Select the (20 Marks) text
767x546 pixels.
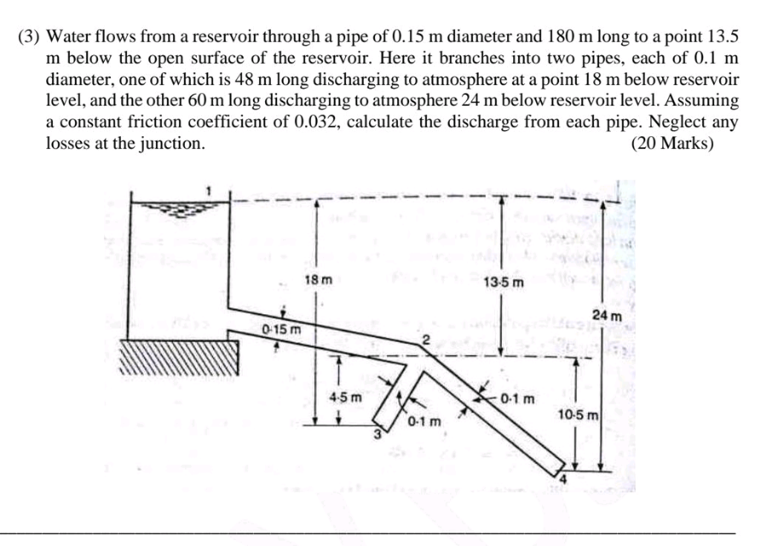point(672,143)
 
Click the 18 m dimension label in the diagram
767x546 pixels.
point(318,279)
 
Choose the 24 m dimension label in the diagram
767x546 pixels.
point(608,315)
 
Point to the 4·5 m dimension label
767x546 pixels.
point(344,397)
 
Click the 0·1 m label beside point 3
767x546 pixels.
point(425,421)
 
